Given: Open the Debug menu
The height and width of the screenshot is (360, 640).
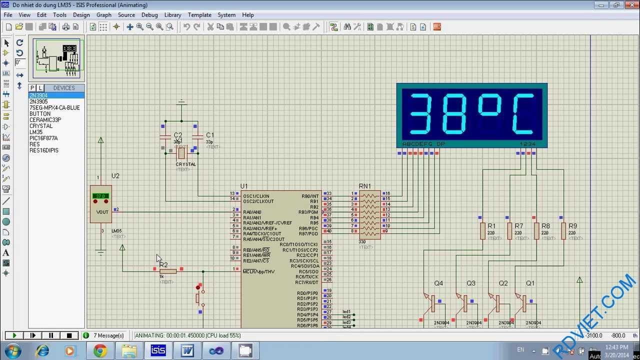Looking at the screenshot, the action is [x=149, y=15].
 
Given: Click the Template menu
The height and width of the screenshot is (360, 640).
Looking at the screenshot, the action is [x=199, y=15].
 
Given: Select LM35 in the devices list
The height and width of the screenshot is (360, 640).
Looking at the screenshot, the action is [x=36, y=132].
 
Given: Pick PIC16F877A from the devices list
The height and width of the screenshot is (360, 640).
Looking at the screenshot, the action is [x=43, y=138].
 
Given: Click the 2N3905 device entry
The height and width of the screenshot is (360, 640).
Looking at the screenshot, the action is [x=38, y=101].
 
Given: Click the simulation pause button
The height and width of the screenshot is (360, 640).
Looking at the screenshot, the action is [x=51, y=335].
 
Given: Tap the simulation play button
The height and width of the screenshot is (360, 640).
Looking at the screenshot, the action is [x=14, y=335].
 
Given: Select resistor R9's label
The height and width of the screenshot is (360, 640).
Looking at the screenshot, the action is [x=572, y=226].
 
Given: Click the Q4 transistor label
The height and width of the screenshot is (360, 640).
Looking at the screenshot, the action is [x=438, y=283].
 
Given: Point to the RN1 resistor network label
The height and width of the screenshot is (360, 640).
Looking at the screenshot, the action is [x=365, y=186].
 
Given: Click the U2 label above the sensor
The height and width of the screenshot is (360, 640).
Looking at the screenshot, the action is [x=115, y=176].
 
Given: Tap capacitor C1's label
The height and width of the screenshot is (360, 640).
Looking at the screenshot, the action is [x=210, y=135].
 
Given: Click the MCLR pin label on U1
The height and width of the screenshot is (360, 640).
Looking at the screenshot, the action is [x=258, y=271].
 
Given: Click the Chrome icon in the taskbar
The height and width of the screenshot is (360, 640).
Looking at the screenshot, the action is [x=100, y=351].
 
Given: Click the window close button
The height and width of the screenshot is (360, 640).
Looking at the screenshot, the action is [x=629, y=5].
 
